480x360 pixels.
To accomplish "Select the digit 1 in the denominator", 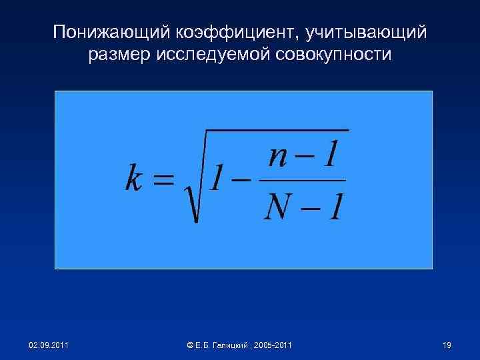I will pyautogui.click(x=335, y=206).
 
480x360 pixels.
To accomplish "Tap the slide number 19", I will pyautogui.click(x=447, y=345).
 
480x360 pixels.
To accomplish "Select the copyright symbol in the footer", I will pyautogui.click(x=191, y=345).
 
